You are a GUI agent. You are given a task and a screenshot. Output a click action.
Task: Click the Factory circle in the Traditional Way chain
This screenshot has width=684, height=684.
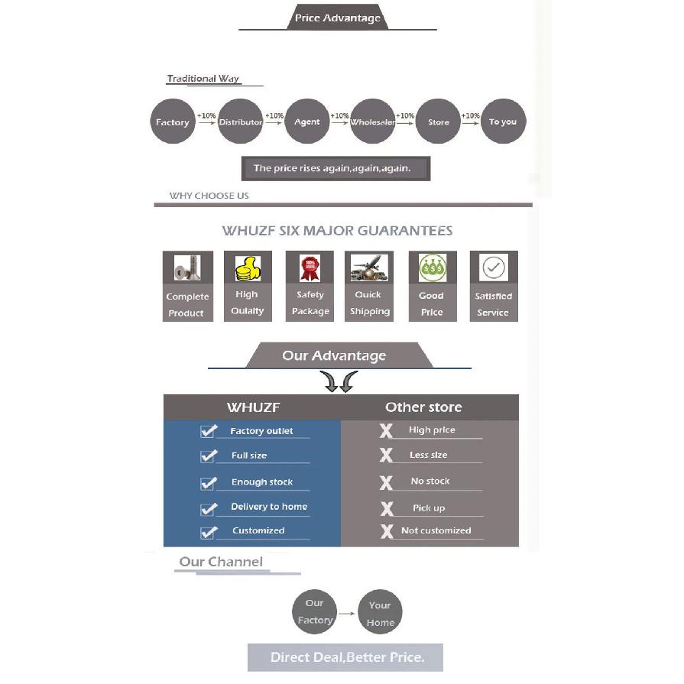[x=173, y=122]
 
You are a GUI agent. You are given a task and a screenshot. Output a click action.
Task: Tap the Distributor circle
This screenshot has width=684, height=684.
[x=241, y=122]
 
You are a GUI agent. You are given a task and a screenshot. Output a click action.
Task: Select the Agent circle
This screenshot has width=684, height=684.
[x=306, y=122]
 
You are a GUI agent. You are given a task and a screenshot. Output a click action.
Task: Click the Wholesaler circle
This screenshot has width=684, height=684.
[x=372, y=122]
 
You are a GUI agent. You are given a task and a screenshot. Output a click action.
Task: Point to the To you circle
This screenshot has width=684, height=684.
[x=504, y=122]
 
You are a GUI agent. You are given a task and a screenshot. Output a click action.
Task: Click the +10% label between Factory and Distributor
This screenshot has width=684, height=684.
[x=206, y=115]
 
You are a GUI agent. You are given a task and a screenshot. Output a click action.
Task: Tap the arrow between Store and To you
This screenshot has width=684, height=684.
[x=470, y=124]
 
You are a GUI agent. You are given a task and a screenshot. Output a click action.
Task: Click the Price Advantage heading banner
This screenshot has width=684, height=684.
[x=337, y=18]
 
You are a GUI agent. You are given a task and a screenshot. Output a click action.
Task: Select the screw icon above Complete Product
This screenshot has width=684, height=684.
[x=187, y=267]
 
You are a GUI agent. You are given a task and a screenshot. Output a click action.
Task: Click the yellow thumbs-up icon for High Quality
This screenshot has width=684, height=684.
[x=248, y=268]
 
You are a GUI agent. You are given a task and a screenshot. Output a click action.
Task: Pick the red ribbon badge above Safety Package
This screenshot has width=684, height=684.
[x=310, y=267]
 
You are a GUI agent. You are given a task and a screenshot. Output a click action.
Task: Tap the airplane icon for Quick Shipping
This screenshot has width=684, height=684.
[x=369, y=267]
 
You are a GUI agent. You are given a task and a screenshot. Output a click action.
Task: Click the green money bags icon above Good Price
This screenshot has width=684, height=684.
[x=433, y=267]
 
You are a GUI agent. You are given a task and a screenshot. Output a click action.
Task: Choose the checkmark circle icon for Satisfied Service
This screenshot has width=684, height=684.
[x=494, y=267]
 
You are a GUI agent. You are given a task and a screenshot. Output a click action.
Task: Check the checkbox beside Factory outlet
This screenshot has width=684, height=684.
[x=208, y=431]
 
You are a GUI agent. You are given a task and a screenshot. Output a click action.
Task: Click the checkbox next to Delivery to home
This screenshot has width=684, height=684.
[x=208, y=509]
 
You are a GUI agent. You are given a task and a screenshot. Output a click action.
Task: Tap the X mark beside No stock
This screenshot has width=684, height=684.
[x=386, y=483]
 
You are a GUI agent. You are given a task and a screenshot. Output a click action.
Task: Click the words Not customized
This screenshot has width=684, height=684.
[x=436, y=530]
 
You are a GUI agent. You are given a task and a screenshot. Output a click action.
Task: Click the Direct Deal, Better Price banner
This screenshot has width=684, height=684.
[x=345, y=657]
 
